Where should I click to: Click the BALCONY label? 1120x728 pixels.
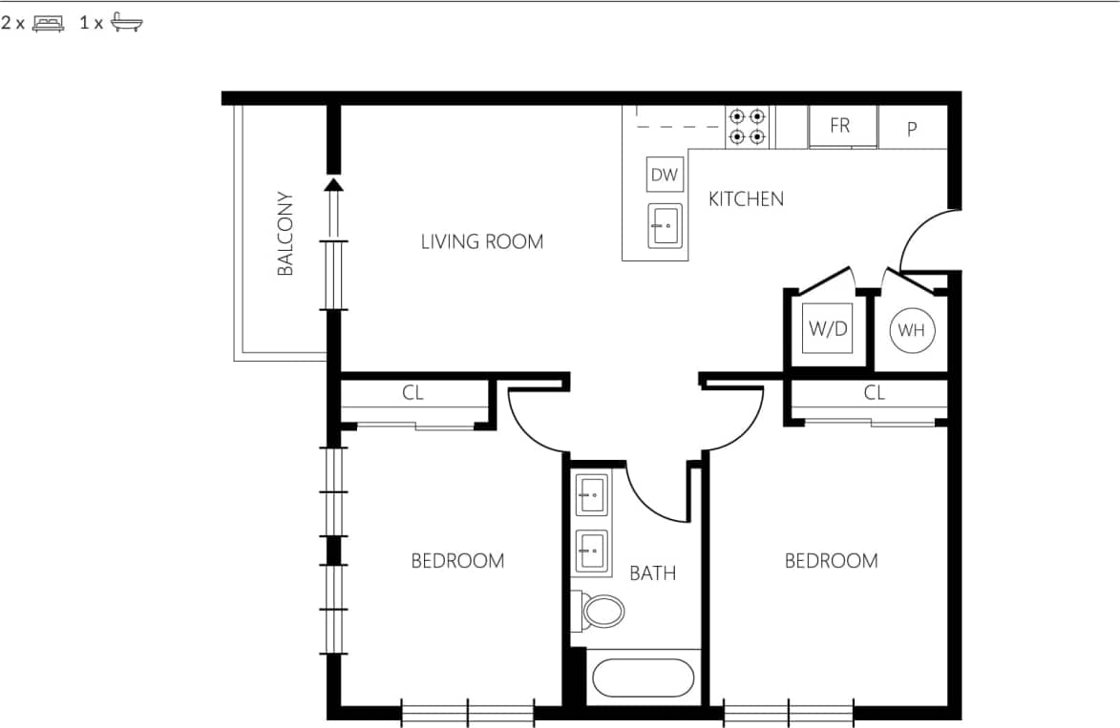(285, 235)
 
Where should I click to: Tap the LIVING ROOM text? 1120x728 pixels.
(482, 241)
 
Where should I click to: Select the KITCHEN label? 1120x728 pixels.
(746, 198)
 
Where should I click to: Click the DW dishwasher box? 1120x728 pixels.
(665, 175)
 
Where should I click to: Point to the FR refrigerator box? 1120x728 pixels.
(840, 126)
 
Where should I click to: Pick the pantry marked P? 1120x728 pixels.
(912, 129)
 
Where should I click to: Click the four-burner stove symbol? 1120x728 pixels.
(748, 127)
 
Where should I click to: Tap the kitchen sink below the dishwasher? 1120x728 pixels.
(665, 226)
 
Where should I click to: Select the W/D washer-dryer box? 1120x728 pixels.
(828, 329)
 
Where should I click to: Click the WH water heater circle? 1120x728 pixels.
(912, 331)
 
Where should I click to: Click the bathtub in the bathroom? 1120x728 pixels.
(643, 678)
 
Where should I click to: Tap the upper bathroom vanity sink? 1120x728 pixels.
(591, 495)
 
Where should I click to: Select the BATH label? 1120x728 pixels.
(653, 573)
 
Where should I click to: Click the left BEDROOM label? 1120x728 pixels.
(457, 561)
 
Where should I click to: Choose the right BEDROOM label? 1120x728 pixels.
(831, 561)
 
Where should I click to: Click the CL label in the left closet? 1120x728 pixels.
(412, 392)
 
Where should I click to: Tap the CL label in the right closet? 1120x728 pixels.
(874, 392)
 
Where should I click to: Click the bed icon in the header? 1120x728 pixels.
(48, 24)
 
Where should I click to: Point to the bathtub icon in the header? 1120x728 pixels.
(126, 24)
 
